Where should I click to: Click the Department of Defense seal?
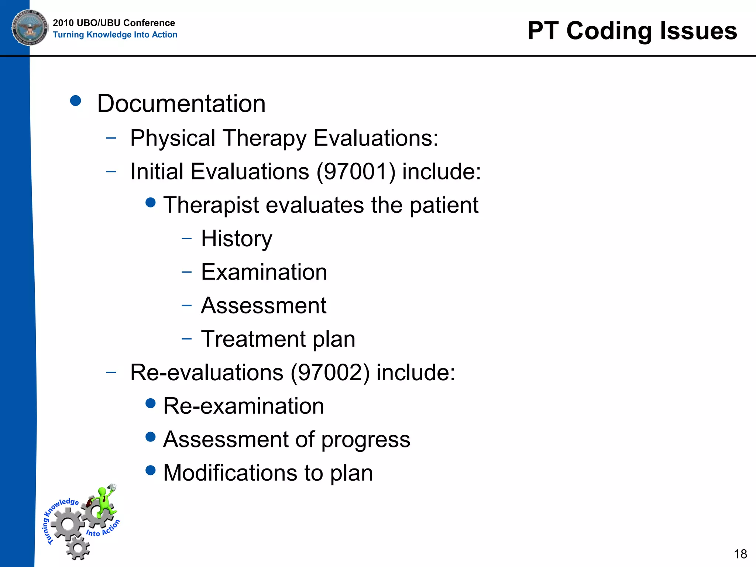(x=30, y=28)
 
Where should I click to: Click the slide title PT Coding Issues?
(x=632, y=31)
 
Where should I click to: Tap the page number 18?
(x=740, y=554)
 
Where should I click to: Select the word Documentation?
(x=181, y=103)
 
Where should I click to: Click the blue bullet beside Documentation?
(x=75, y=101)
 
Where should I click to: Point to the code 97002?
(x=330, y=372)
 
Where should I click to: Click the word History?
(x=237, y=239)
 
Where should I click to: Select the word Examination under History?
(x=264, y=272)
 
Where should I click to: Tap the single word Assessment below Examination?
(x=264, y=306)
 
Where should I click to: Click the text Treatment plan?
(x=278, y=339)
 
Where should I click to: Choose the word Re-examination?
(x=243, y=406)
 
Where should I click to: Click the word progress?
(x=365, y=440)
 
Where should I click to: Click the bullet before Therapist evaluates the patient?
(x=151, y=202)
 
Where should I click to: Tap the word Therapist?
(x=211, y=205)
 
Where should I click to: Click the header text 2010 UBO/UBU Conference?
(x=114, y=23)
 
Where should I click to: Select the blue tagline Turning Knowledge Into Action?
(x=115, y=35)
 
